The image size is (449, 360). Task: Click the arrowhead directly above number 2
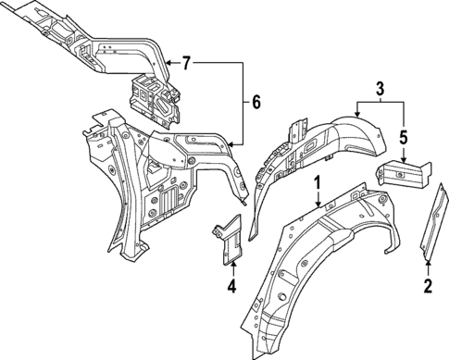point(427,266)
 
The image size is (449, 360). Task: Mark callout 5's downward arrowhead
point(405,160)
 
